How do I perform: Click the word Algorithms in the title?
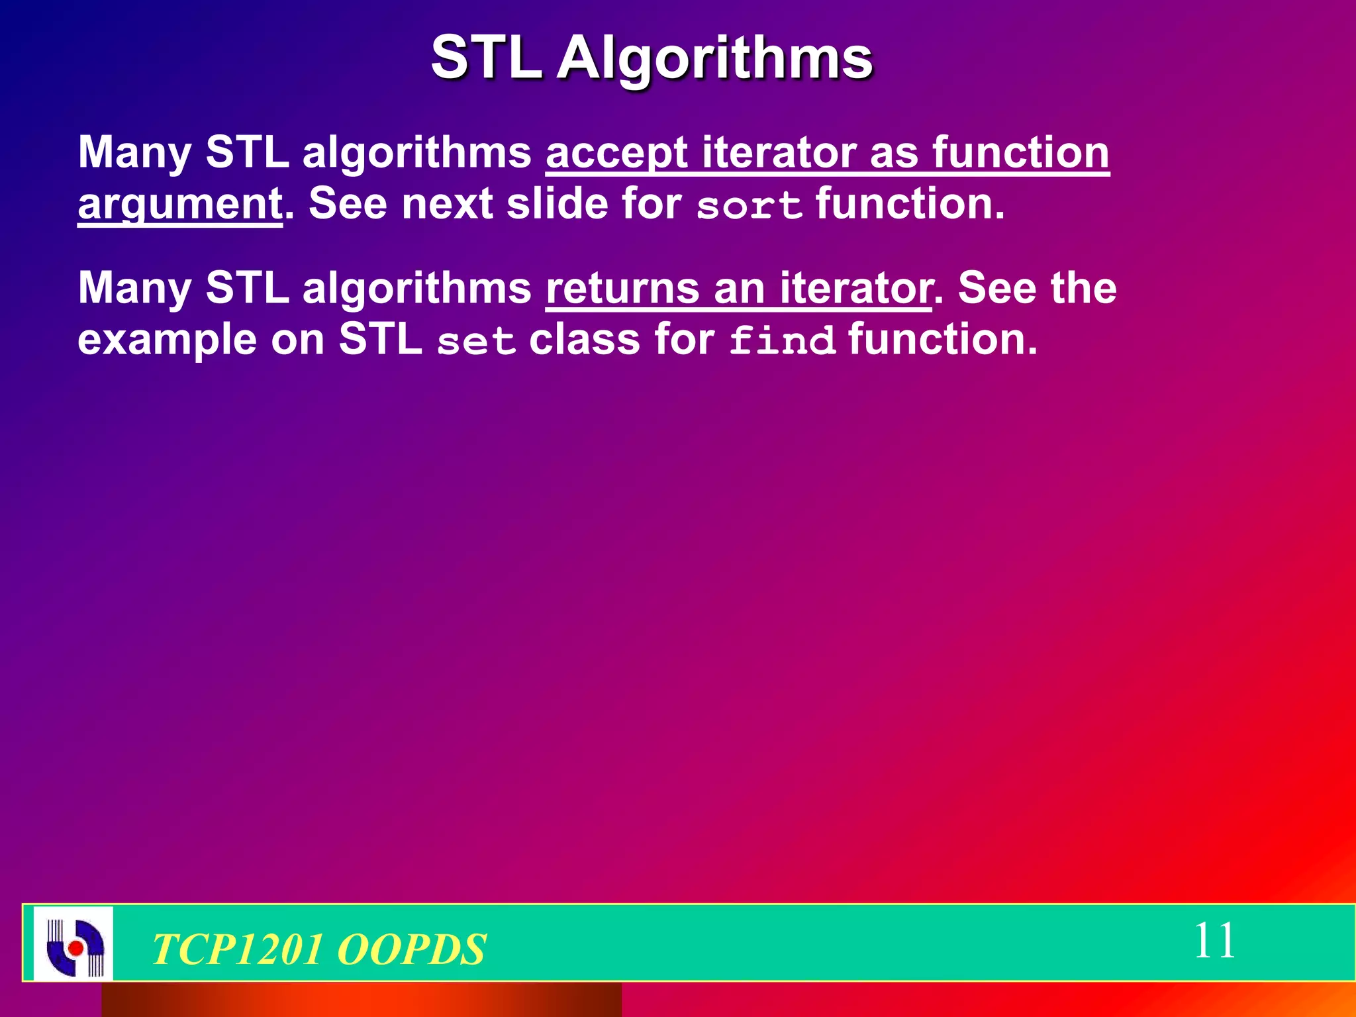tap(715, 58)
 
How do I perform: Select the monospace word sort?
tap(750, 205)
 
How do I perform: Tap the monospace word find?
tap(782, 341)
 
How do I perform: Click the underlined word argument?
tap(180, 203)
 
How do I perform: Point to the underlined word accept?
tap(616, 153)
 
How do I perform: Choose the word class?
tap(584, 340)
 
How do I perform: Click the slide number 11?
tap(1214, 941)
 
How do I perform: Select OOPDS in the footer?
tap(411, 949)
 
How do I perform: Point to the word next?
tap(447, 204)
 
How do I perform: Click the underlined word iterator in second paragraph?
tap(855, 289)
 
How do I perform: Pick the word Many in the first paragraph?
tap(134, 153)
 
